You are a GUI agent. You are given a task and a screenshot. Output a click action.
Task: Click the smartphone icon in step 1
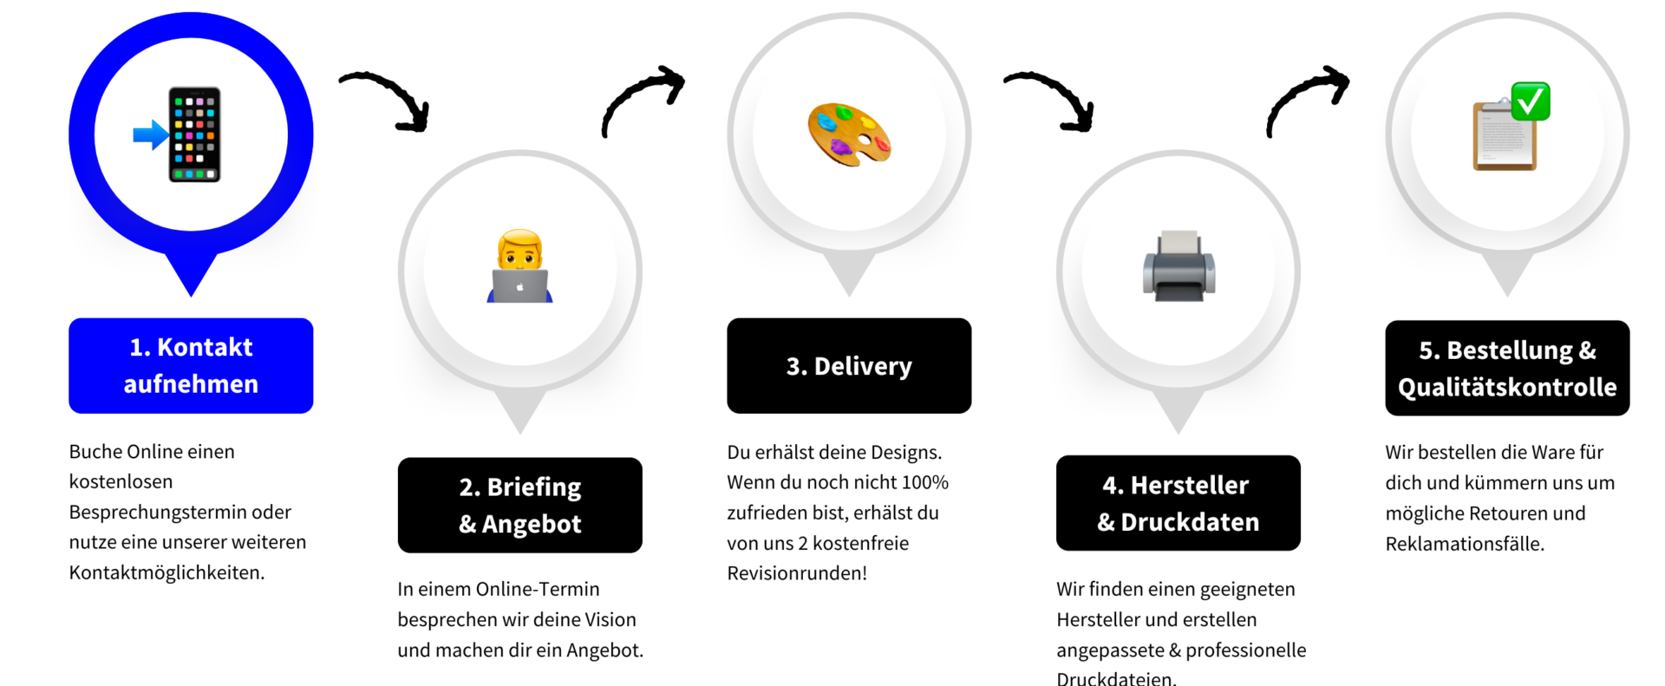194,134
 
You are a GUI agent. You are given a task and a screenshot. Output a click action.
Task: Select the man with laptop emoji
520,266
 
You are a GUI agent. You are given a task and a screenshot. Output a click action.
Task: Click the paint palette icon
849,134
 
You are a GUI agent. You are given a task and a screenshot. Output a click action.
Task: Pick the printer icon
1179,266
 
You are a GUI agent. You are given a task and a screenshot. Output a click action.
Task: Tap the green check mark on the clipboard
1531,101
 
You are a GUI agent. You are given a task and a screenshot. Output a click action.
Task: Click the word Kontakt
205,348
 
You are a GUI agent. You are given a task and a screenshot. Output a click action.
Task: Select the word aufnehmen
191,384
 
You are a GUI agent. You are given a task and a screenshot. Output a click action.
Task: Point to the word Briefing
534,487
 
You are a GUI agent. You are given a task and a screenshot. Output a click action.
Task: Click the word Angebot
532,525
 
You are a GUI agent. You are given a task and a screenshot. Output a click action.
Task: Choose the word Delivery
863,367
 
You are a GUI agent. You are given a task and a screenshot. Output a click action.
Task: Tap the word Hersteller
1190,486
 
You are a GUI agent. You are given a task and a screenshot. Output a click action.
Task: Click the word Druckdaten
1190,522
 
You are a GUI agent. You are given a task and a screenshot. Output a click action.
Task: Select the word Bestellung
1510,350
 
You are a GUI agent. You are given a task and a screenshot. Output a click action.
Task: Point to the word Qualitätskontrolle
1507,387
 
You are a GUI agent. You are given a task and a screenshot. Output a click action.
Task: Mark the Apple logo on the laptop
520,286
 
